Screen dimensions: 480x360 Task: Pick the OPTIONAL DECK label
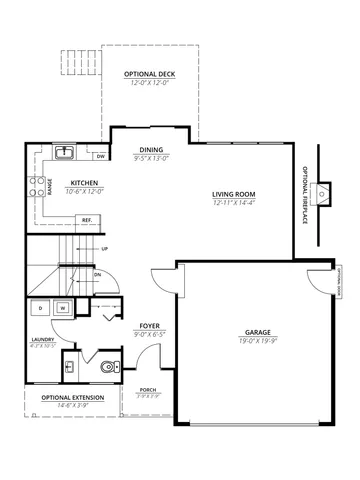click(x=151, y=75)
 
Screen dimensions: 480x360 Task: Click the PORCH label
click(x=147, y=390)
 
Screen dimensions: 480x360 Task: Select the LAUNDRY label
click(x=43, y=339)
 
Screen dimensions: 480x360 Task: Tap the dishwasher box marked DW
click(x=101, y=157)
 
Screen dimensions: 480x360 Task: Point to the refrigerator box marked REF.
click(x=87, y=219)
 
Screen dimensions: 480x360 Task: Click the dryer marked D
click(x=41, y=309)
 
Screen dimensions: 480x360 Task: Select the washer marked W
click(x=62, y=309)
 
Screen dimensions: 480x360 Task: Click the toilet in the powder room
click(x=105, y=366)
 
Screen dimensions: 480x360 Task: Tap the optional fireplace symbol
click(x=322, y=192)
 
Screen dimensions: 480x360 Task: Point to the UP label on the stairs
click(x=105, y=249)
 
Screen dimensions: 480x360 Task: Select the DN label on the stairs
click(x=97, y=273)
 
